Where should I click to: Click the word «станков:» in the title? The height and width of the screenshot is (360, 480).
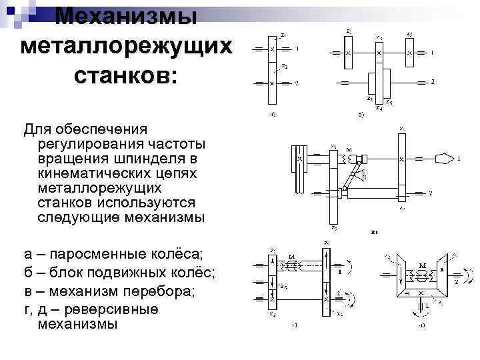(127, 75)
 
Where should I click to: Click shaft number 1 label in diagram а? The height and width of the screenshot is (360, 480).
(297, 49)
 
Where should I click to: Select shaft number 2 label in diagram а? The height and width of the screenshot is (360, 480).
(297, 83)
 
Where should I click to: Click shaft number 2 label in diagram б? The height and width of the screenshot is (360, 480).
(433, 82)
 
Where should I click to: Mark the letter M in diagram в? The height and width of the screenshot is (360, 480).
(349, 150)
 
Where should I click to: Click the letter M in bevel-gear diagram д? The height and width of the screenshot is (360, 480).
(423, 265)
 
